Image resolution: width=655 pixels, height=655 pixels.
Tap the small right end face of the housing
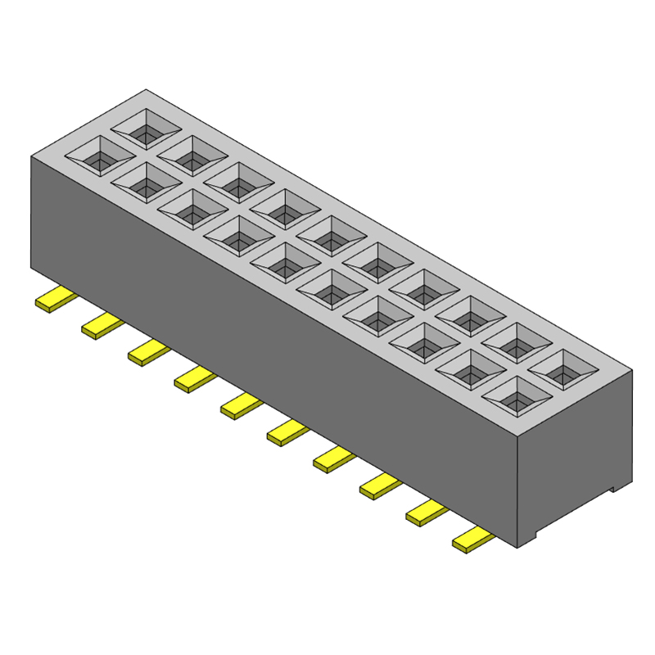click(x=575, y=458)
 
